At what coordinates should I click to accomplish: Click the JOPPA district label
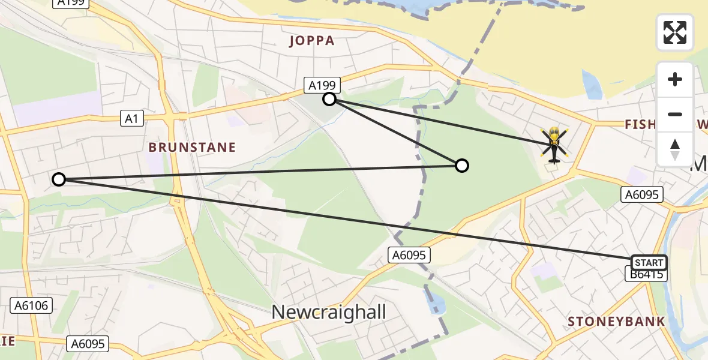tap(311, 41)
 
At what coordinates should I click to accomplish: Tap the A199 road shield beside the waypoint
tap(322, 86)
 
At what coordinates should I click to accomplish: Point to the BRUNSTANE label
tap(192, 147)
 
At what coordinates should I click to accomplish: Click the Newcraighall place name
tap(329, 312)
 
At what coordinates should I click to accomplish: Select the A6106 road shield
tap(31, 305)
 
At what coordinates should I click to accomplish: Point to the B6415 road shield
tap(645, 275)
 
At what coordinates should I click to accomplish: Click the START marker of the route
tap(649, 262)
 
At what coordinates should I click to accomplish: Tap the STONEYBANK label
tap(616, 321)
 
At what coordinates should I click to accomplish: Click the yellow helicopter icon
tap(553, 145)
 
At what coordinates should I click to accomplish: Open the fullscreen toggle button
tap(675, 32)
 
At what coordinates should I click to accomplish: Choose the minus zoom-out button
tap(675, 114)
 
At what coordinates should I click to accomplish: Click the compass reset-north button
tap(675, 149)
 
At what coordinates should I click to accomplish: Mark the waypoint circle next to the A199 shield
tap(329, 99)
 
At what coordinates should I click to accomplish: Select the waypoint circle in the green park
tap(461, 166)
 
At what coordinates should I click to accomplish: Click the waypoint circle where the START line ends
tap(58, 179)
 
